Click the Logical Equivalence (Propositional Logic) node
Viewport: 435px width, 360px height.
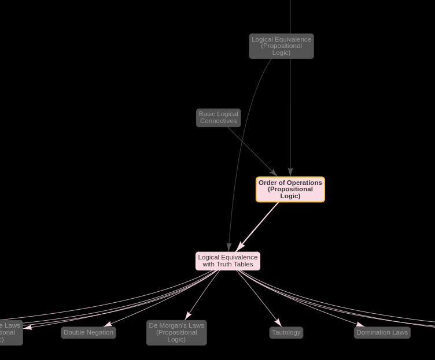click(281, 46)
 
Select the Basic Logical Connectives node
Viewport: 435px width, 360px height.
click(218, 117)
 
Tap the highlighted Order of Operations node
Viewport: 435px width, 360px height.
click(290, 190)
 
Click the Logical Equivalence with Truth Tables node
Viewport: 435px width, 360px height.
click(228, 261)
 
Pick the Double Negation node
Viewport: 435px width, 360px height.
click(89, 332)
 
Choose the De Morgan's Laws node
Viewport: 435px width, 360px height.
click(176, 333)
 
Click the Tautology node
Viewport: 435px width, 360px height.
click(286, 332)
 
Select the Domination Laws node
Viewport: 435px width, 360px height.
click(382, 332)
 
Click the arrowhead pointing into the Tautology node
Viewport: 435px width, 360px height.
click(279, 322)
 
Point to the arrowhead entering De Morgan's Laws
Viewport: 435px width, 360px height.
click(187, 316)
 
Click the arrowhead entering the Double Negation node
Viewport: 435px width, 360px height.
click(108, 324)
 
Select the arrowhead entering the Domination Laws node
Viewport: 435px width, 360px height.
click(360, 325)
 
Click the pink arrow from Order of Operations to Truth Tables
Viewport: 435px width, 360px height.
click(258, 226)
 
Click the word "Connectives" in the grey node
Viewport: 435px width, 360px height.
click(218, 121)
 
